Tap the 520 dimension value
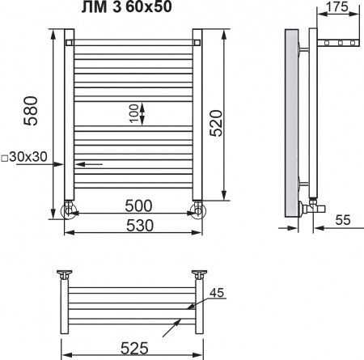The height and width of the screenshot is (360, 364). [x=216, y=121]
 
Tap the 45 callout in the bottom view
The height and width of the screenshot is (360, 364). [x=215, y=294]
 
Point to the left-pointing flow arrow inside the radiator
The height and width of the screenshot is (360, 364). [x=89, y=163]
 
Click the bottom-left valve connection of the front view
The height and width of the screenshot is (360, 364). [x=70, y=210]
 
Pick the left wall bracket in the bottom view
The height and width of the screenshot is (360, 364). [x=63, y=276]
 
